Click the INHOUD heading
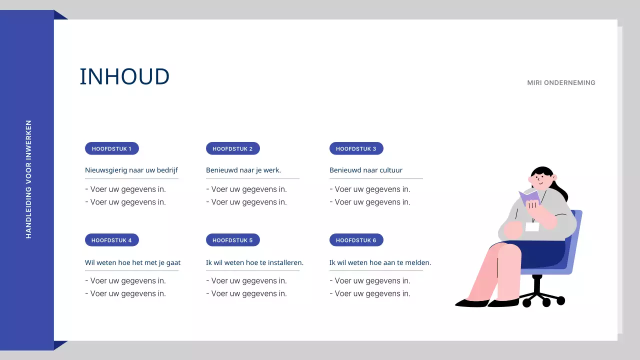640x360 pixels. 124,76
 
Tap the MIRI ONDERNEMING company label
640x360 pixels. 561,83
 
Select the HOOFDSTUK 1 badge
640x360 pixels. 111,148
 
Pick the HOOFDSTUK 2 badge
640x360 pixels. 232,148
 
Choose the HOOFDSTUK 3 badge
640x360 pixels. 356,148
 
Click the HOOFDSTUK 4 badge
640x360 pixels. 111,240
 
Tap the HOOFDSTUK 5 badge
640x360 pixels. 232,240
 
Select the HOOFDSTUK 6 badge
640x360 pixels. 356,240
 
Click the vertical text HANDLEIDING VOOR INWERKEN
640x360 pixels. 28,179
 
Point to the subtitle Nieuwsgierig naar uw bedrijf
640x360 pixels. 131,170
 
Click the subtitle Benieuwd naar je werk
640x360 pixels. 243,170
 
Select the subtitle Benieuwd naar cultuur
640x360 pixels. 366,170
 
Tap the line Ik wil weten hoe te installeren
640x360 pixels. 254,262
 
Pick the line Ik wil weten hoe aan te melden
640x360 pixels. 380,262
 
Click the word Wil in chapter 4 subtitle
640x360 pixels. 89,262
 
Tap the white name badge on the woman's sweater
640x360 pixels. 532,227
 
